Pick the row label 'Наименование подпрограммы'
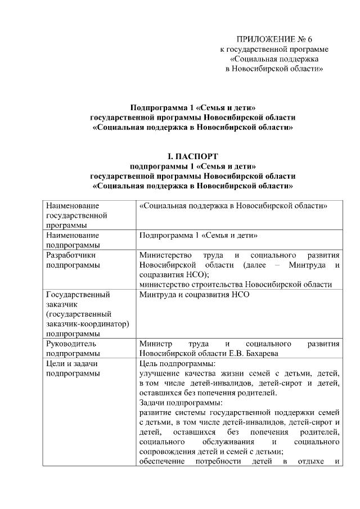pyautogui.click(x=73, y=240)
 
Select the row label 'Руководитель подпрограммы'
pyautogui.click(x=74, y=348)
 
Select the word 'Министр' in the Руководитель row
pyautogui.click(x=155, y=343)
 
